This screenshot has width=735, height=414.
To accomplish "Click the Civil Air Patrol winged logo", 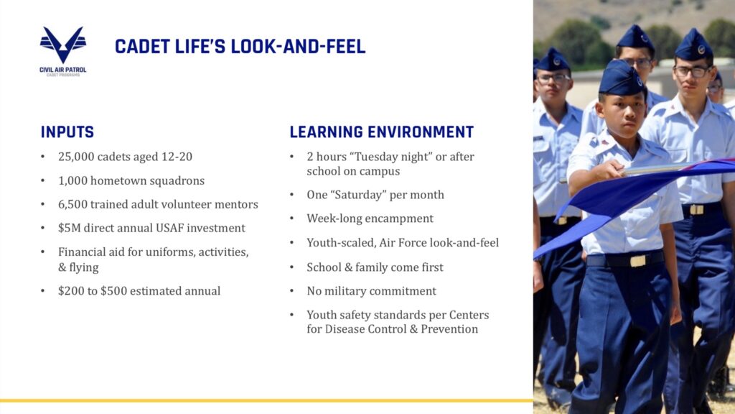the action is [63, 45].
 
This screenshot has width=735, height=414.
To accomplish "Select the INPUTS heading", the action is [67, 132].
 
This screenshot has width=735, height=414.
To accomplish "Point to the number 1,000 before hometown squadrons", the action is [72, 180].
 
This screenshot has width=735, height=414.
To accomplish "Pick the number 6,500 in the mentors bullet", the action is [72, 204].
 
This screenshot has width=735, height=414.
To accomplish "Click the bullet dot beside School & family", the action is [291, 267].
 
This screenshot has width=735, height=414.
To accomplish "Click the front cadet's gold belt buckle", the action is [637, 260].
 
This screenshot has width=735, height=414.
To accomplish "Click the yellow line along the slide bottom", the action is [266, 400].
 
